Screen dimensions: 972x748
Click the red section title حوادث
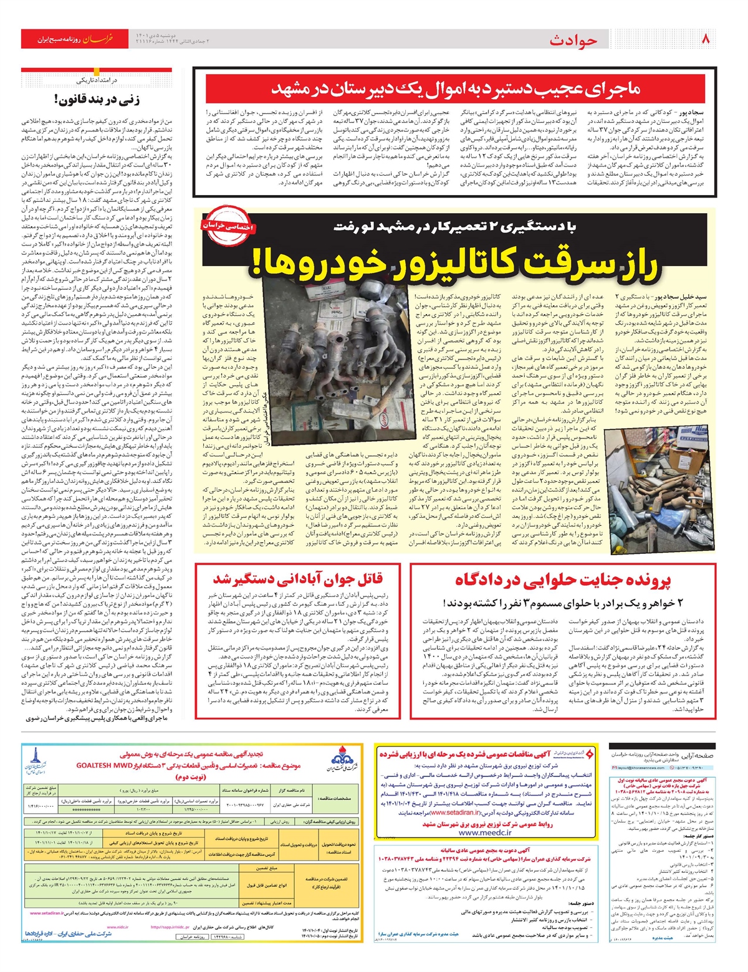click(x=573, y=40)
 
